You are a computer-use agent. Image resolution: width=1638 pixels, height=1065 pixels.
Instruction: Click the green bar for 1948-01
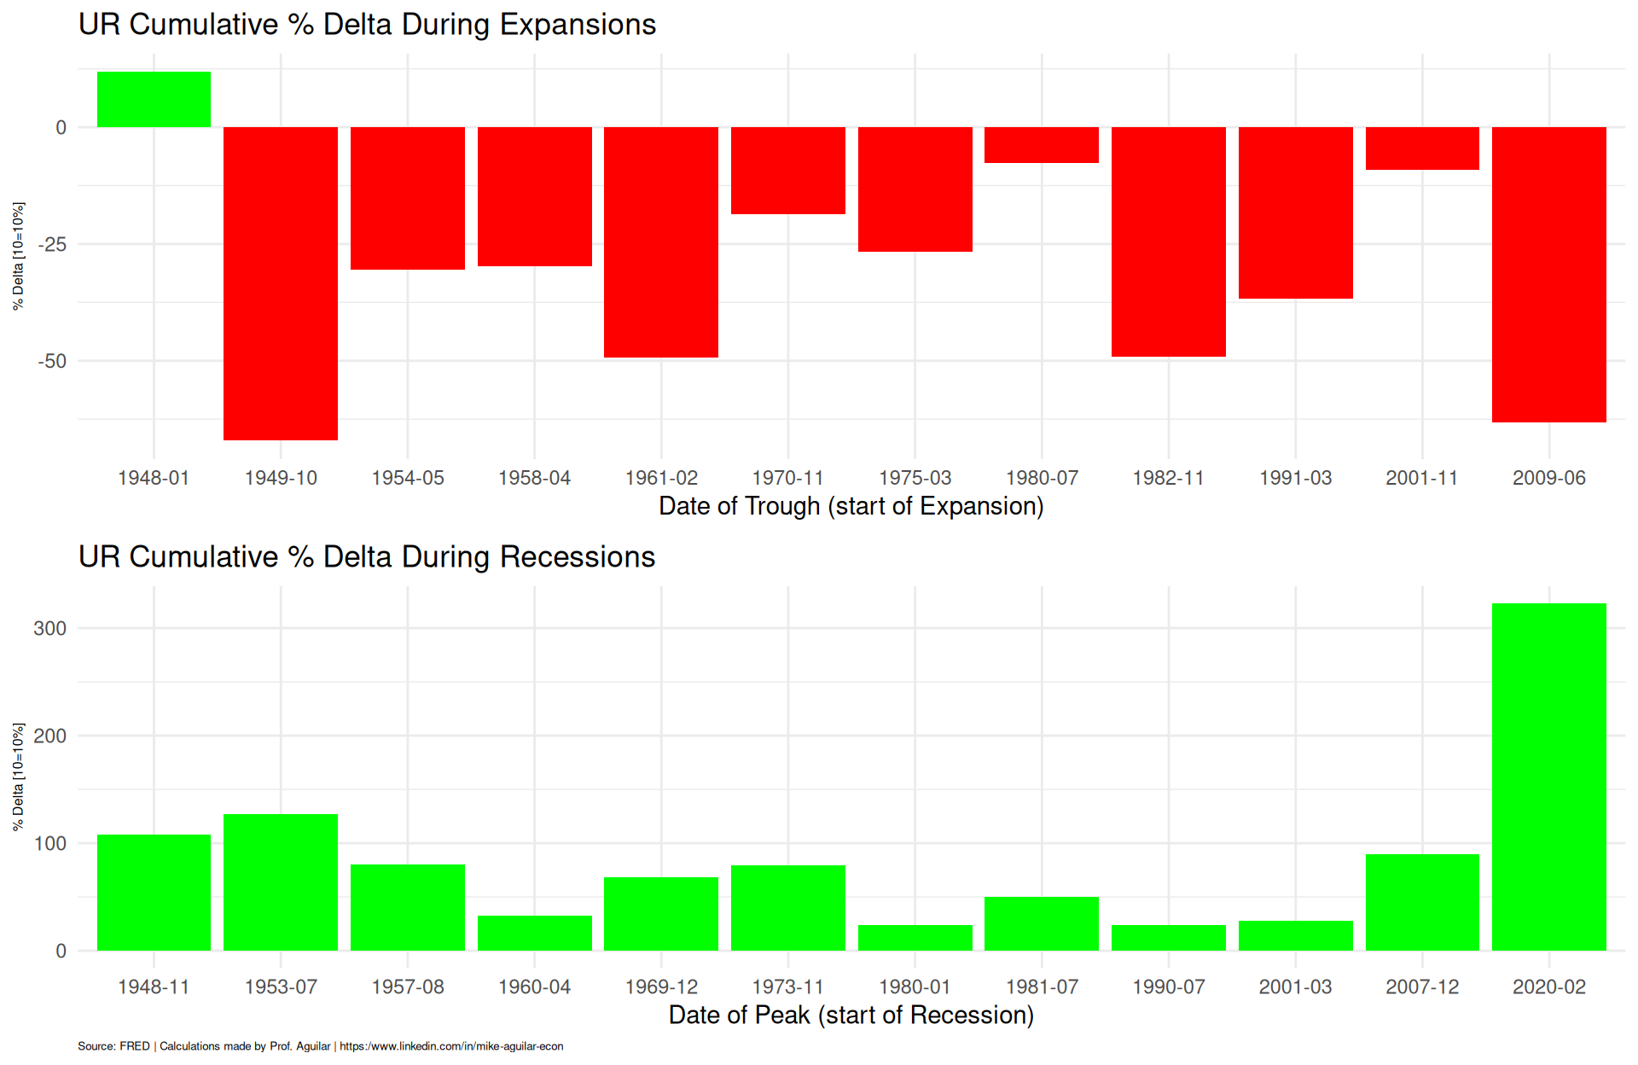[154, 100]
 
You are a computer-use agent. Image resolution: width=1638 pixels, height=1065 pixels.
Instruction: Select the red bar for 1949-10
[281, 283]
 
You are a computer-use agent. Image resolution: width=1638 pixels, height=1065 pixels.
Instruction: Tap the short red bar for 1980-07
[1042, 145]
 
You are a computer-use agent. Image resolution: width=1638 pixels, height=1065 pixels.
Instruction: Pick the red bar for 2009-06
[1548, 274]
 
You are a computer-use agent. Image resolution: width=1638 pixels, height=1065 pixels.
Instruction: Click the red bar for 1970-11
[787, 171]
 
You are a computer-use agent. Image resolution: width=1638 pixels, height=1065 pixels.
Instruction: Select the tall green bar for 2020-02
[1548, 777]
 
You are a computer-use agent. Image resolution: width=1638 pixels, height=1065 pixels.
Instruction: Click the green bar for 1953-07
[281, 882]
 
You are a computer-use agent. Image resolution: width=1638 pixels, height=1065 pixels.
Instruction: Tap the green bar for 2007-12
[1422, 902]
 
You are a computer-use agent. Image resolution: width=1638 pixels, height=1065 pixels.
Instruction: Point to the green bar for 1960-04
[534, 933]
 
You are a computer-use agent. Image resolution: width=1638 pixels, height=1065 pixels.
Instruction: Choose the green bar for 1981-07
[1042, 923]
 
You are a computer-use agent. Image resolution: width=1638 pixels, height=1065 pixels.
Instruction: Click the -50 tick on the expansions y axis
[52, 362]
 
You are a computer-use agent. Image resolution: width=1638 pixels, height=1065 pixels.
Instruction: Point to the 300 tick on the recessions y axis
[50, 629]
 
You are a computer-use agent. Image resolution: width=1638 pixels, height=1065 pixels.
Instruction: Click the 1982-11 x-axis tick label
[1168, 478]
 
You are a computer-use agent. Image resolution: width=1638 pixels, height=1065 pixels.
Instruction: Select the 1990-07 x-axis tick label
[1168, 987]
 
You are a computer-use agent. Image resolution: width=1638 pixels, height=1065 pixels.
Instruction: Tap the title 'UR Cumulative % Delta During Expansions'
[367, 25]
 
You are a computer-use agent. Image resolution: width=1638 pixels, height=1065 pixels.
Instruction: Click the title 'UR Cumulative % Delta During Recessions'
[367, 557]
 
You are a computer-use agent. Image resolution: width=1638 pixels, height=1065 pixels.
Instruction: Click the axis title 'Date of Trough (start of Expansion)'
[851, 506]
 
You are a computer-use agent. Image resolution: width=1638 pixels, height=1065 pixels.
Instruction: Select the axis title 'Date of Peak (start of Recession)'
[851, 1016]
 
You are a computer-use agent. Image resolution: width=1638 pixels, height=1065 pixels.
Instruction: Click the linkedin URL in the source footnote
[451, 1046]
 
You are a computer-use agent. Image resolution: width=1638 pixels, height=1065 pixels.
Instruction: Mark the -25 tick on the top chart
[52, 245]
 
